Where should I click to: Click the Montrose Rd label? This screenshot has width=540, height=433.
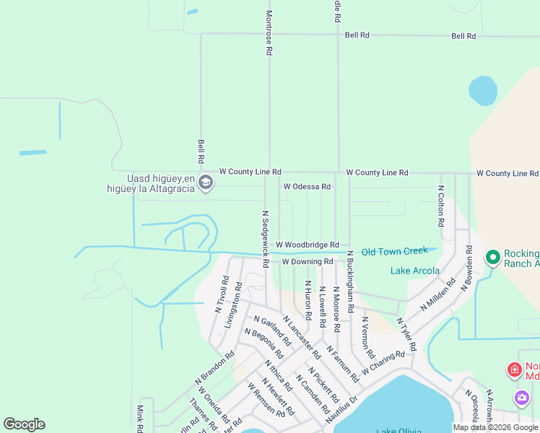(269, 33)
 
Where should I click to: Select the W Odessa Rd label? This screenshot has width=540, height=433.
(307, 186)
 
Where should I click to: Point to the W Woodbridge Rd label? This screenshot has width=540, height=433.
(307, 245)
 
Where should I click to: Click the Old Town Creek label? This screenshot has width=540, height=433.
(395, 251)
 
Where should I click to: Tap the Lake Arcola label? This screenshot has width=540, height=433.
(415, 271)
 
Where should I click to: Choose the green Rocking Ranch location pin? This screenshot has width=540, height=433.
(492, 257)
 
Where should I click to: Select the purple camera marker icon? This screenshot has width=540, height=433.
(521, 398)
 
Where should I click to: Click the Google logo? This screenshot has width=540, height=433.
(24, 424)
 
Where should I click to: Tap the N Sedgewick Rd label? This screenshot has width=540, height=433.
(265, 239)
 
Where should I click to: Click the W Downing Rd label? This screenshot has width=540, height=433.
(307, 261)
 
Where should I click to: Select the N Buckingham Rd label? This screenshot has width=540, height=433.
(349, 281)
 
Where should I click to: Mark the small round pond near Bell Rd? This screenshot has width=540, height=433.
(482, 91)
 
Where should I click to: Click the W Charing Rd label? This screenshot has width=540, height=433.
(383, 362)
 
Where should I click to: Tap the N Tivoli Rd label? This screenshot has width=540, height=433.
(222, 294)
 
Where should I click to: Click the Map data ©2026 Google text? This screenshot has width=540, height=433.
(495, 427)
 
